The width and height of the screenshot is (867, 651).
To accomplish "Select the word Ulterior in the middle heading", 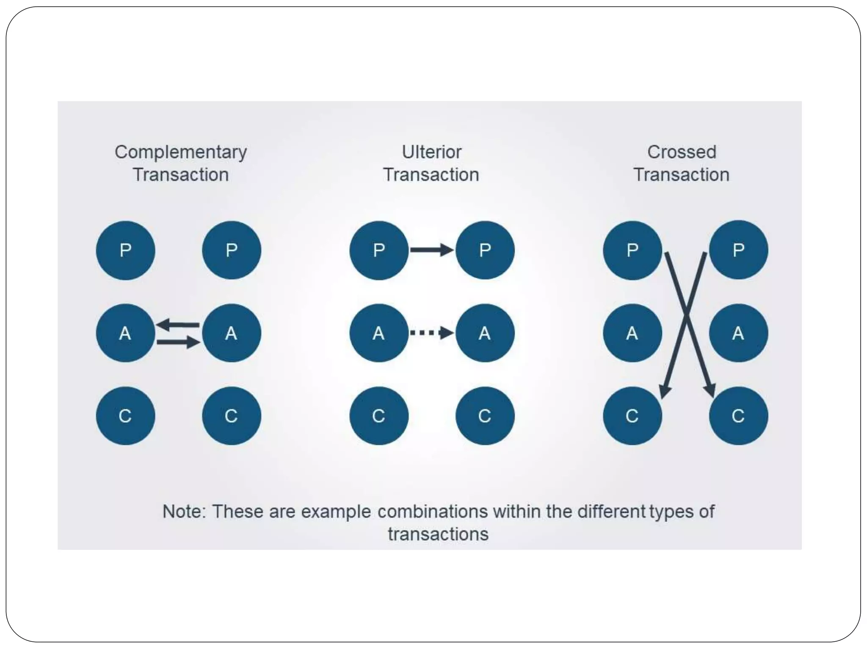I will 431,152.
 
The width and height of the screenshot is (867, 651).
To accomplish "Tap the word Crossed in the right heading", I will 682,152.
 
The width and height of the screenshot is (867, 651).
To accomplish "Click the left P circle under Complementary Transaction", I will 125,250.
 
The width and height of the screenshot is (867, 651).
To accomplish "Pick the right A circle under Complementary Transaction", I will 231,333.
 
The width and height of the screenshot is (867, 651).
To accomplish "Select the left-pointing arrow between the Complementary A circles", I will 178,325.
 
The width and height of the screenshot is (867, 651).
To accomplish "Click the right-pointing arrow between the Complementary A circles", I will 178,342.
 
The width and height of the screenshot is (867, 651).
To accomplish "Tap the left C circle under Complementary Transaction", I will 125,415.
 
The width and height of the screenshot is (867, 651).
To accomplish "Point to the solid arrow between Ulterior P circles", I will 431,250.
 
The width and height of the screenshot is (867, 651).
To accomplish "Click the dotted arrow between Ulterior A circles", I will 431,333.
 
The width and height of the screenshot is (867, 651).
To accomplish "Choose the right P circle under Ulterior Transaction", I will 485,250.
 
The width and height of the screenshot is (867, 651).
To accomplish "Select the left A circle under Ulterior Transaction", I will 378,333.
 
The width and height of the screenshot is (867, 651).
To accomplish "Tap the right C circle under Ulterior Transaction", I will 485,415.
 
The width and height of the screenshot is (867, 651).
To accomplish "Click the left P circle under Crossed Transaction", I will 632,250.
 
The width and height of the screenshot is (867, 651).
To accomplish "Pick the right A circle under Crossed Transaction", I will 738,333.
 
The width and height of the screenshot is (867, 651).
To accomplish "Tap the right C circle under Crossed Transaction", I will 738,415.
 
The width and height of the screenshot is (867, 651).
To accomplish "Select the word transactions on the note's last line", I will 438,534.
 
